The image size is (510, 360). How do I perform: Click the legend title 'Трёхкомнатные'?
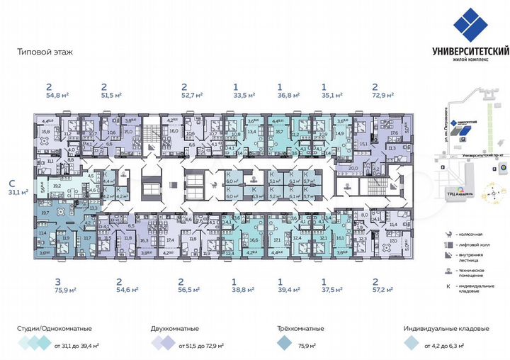point(300,329)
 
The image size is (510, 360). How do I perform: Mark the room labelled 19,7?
point(45,212)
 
